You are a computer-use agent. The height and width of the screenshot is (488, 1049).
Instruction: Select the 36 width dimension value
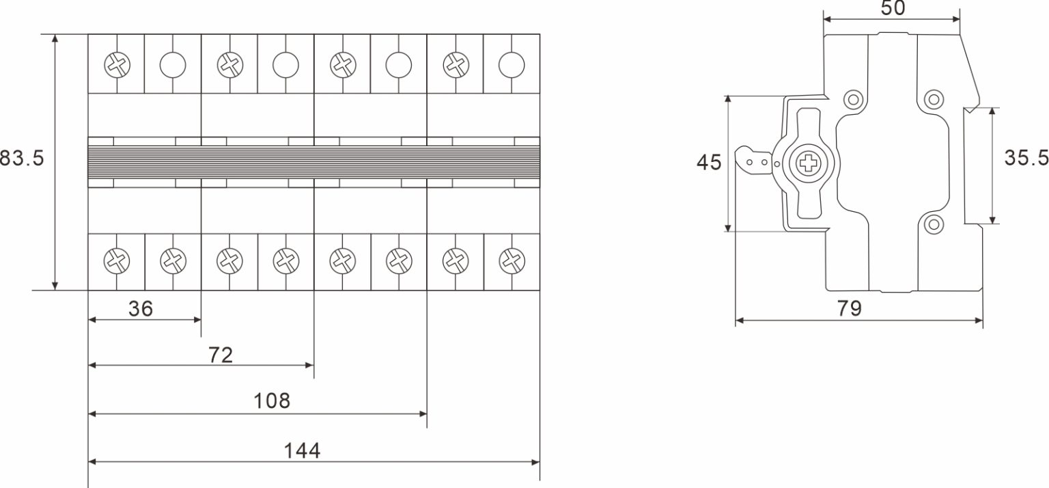click(141, 309)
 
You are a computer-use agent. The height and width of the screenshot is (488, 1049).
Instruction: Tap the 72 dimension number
click(221, 355)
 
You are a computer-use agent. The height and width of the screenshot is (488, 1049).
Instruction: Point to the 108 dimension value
click(272, 401)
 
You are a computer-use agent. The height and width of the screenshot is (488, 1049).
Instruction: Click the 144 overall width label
click(302, 450)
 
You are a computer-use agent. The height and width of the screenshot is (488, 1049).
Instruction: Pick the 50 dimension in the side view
click(893, 8)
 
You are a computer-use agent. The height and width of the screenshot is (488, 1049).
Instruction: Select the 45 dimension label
click(709, 163)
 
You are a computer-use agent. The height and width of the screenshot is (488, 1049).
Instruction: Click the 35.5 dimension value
click(1026, 158)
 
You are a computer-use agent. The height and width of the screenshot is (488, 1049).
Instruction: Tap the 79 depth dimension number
click(850, 308)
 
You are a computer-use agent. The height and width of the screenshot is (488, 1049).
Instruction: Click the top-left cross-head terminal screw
click(117, 65)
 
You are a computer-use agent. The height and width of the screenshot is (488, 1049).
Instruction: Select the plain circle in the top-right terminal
click(512, 65)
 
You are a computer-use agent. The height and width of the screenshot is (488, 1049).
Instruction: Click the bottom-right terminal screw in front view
click(512, 260)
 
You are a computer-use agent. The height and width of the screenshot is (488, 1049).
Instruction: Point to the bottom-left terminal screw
click(117, 260)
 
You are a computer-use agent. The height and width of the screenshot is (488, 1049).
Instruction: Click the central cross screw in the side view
click(809, 163)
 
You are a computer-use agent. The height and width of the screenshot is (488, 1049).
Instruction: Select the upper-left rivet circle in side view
click(852, 99)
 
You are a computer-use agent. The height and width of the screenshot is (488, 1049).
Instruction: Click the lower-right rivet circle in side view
click(933, 224)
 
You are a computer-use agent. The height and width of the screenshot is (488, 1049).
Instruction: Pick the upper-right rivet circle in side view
click(933, 99)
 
